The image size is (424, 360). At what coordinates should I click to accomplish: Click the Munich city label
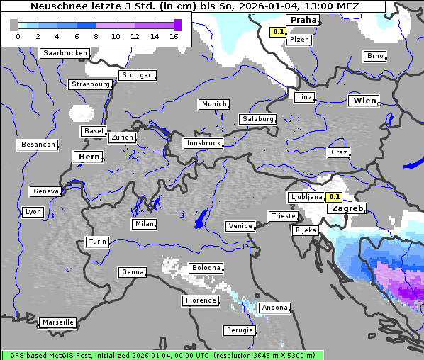coord(214,104)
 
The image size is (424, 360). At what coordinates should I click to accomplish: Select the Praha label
coord(301,20)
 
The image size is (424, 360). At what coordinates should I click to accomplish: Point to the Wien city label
coord(364,101)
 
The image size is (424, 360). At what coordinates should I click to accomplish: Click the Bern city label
coord(89,157)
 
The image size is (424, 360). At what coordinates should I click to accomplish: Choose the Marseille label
coord(57,322)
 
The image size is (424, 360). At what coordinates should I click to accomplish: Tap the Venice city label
coord(240,226)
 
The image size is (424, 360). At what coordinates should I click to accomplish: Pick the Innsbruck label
coord(203,143)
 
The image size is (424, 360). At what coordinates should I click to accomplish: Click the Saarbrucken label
coord(65,53)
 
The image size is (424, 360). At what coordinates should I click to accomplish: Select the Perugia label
coord(239,330)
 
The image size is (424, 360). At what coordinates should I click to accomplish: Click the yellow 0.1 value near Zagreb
coord(335,197)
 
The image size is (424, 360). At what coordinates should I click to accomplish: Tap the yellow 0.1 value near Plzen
coord(278,32)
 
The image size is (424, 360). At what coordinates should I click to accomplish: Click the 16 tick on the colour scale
coord(174,36)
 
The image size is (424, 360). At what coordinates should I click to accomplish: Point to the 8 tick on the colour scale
coord(96,36)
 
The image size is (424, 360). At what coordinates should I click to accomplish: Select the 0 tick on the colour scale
coord(18,36)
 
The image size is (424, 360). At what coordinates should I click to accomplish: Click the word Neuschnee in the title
coord(61,6)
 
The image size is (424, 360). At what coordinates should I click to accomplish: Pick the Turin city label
coord(97,242)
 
